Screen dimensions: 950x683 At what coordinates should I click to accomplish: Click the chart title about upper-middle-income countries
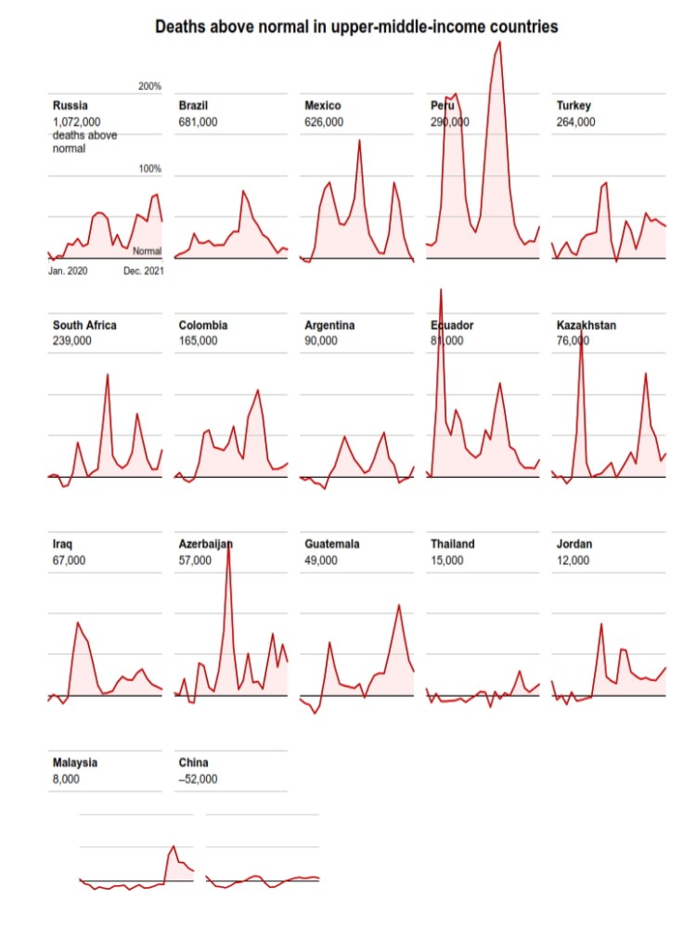coord(356,27)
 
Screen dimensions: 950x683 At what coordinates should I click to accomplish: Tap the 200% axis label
coord(149,86)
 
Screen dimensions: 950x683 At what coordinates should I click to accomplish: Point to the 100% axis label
coord(149,169)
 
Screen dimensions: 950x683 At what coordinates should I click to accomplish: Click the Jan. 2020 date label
coord(68,271)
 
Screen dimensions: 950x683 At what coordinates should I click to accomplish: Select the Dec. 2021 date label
coord(144,271)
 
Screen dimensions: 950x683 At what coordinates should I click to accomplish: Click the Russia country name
coord(71,106)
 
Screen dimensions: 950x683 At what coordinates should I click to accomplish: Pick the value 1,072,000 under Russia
coord(77,122)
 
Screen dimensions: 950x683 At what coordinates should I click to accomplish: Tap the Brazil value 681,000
coord(199,122)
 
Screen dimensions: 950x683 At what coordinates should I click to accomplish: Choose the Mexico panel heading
coord(323,106)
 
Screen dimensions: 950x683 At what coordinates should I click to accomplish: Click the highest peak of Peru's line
coord(499,42)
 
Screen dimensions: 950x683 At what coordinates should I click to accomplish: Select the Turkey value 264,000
coord(576,122)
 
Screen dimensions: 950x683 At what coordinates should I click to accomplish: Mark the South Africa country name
coord(84,326)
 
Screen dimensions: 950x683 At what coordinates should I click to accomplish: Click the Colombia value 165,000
coord(199,340)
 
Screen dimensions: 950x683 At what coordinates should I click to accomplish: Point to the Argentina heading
coord(330,326)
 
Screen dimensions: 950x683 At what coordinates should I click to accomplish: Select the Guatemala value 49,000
coord(321,559)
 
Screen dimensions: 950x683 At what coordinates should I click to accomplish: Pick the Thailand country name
coord(453,545)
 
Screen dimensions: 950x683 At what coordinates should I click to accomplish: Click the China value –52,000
coord(199,778)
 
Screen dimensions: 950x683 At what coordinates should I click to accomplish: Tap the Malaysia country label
coord(75,763)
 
